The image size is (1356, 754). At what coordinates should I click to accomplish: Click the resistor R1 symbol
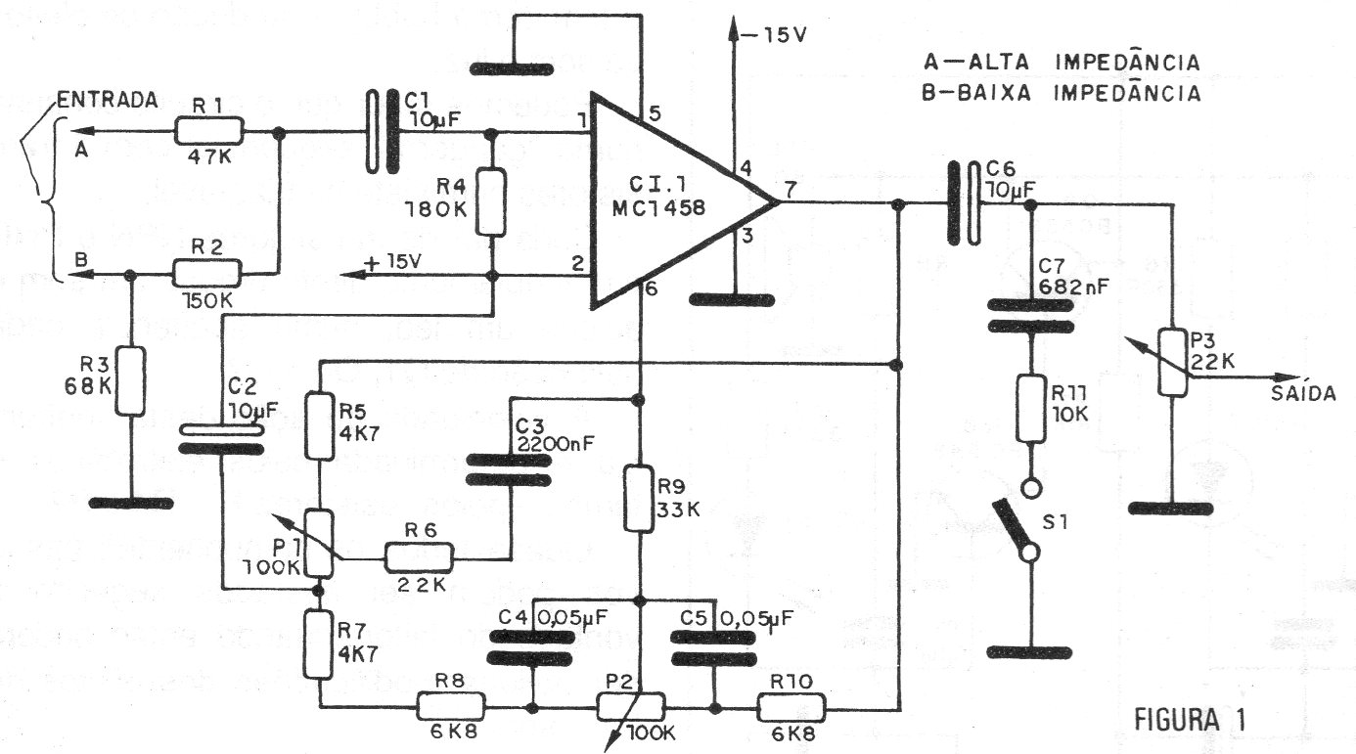[209, 131]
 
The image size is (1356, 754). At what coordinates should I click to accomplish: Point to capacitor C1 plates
[383, 132]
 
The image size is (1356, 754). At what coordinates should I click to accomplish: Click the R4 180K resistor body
[491, 200]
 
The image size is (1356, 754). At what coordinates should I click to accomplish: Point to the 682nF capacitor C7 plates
[1029, 315]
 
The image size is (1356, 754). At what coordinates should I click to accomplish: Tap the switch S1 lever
[1016, 528]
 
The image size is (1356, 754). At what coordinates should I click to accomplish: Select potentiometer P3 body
[1171, 361]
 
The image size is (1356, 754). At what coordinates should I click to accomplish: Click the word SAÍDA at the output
[1304, 393]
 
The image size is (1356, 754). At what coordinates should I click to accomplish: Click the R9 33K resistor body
[639, 499]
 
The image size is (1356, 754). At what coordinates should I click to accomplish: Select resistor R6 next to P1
[418, 558]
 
